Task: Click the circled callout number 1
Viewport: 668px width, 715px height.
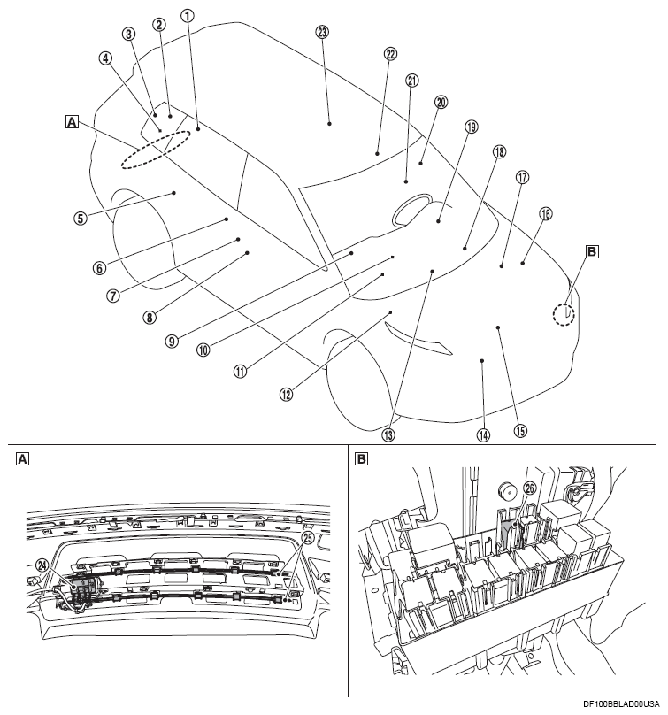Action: click(187, 15)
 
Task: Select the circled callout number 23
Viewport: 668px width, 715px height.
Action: click(322, 32)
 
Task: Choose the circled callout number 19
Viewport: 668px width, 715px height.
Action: click(471, 127)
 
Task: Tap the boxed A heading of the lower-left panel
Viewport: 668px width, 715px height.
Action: click(23, 459)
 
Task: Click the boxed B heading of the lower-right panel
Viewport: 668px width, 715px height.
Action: click(361, 459)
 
